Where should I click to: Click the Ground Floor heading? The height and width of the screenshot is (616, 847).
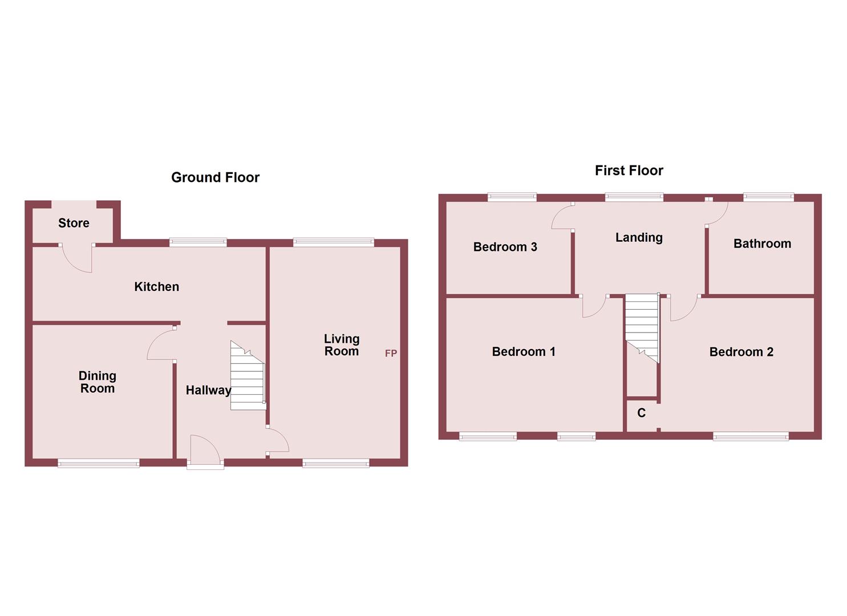coord(215,177)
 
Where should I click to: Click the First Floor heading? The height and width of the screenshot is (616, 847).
coord(629,171)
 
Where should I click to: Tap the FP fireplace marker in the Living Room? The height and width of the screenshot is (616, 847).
coord(391,354)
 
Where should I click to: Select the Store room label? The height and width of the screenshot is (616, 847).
coord(74,223)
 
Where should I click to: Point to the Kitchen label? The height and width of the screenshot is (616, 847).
coord(156,286)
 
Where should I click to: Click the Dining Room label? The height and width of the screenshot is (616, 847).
coord(97,382)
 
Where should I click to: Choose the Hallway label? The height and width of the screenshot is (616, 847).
coord(208,390)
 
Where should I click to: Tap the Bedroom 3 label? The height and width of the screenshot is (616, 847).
coord(505,247)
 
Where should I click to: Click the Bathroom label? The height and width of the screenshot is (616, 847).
coord(762,244)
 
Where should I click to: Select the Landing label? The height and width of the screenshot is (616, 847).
coord(639,237)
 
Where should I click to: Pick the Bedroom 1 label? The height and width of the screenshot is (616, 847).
coord(524,351)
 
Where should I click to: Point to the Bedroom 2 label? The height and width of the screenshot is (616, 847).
coord(741,352)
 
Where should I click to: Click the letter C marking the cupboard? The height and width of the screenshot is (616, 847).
coord(641,413)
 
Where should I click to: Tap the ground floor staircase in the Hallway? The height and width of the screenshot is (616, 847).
coord(248,376)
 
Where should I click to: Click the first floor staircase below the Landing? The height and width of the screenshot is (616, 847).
coord(642,325)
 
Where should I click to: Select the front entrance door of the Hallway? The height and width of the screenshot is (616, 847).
coord(205,451)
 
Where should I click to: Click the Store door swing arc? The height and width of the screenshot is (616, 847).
coord(78,260)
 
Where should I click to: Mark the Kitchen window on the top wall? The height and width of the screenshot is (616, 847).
coord(198,243)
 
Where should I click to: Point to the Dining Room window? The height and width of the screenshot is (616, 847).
coord(98,463)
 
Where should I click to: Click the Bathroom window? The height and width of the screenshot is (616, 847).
coord(768,197)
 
